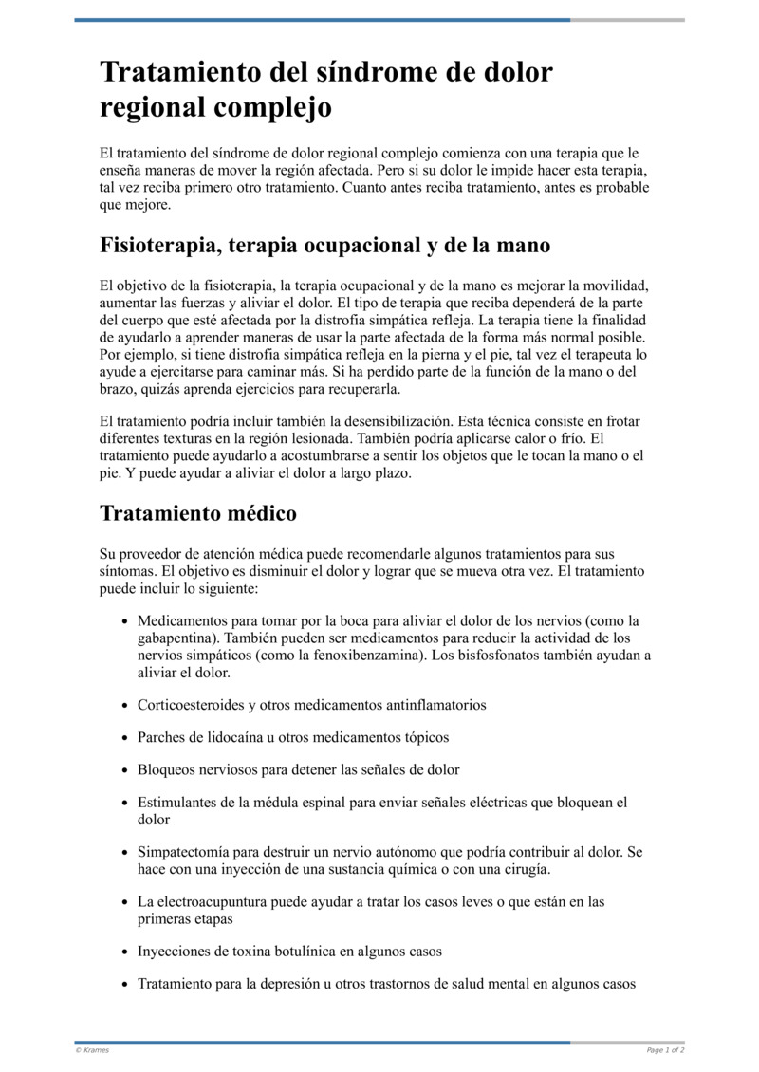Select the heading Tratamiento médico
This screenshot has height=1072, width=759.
[198, 514]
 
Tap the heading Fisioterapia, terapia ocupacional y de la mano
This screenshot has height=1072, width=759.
[324, 245]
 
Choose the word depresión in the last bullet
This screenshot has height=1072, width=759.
[290, 984]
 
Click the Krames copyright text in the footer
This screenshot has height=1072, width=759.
[92, 1050]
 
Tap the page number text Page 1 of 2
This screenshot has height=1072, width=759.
[665, 1050]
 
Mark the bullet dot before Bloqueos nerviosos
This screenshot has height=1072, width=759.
[125, 770]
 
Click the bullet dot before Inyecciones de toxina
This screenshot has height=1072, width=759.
[125, 952]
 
